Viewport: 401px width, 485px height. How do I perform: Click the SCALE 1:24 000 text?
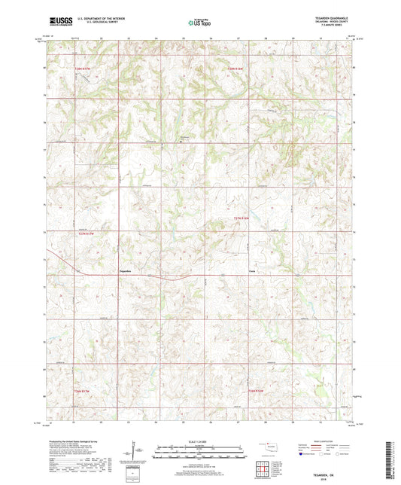pos(199,441)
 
